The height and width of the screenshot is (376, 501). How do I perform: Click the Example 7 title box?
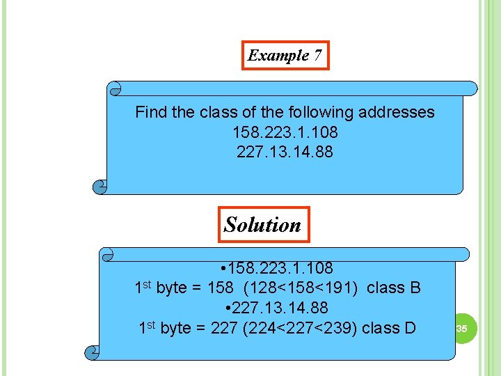(x=285, y=56)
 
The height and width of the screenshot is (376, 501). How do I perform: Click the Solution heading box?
(x=263, y=224)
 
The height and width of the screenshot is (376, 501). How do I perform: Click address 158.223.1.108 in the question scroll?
(x=285, y=132)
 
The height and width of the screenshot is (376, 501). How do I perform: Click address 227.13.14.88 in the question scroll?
(x=285, y=151)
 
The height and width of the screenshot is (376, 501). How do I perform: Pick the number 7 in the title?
(x=317, y=56)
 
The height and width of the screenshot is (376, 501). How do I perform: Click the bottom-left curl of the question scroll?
(x=101, y=187)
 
